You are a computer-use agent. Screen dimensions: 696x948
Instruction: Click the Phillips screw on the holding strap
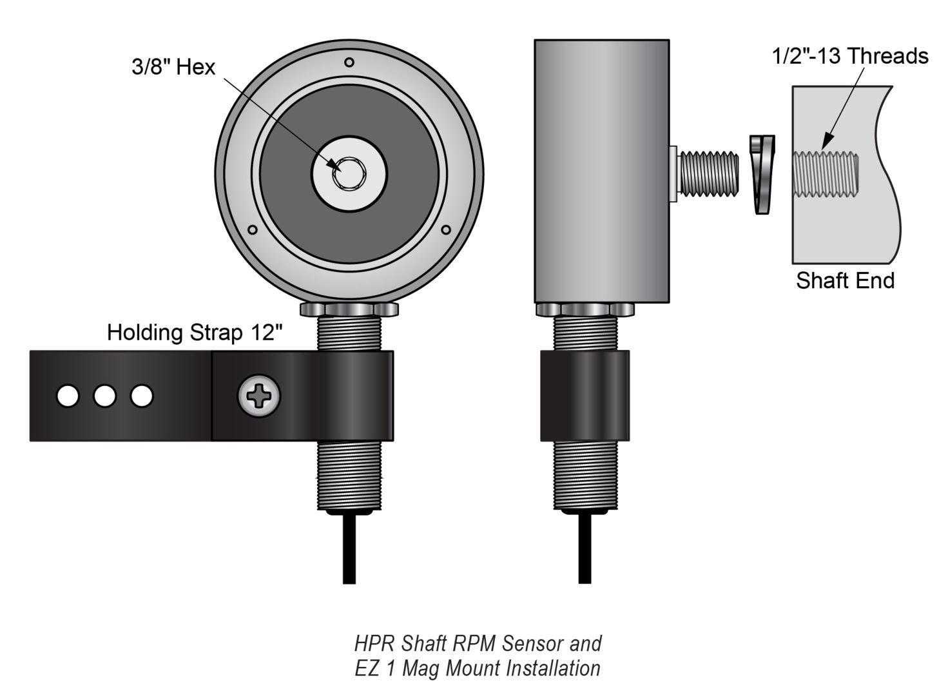point(259,396)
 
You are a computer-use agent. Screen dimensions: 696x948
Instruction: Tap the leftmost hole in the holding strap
point(68,396)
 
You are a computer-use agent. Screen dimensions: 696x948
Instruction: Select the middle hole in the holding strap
point(104,396)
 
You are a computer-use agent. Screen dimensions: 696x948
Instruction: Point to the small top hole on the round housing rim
point(349,63)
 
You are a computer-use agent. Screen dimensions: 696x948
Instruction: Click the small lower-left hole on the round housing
point(253,229)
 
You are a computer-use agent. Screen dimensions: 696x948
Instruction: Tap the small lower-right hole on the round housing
point(445,229)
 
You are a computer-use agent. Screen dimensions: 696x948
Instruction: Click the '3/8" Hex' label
point(173,67)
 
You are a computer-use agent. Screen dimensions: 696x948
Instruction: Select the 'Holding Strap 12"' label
point(195,333)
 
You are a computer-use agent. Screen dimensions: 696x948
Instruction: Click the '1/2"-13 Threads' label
point(850,57)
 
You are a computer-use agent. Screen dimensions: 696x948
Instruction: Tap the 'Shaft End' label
point(845,281)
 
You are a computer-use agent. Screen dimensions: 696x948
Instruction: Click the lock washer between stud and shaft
point(763,174)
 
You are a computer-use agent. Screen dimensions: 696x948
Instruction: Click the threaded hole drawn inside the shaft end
point(825,173)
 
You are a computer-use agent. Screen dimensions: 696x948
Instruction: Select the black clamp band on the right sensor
point(585,396)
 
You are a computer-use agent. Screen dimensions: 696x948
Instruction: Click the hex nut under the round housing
point(349,309)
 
